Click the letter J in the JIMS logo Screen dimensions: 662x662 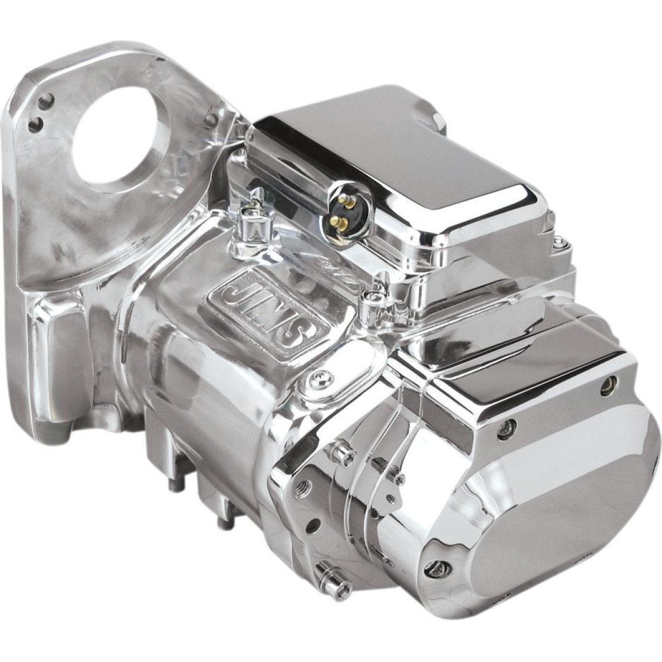(x=229, y=284)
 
